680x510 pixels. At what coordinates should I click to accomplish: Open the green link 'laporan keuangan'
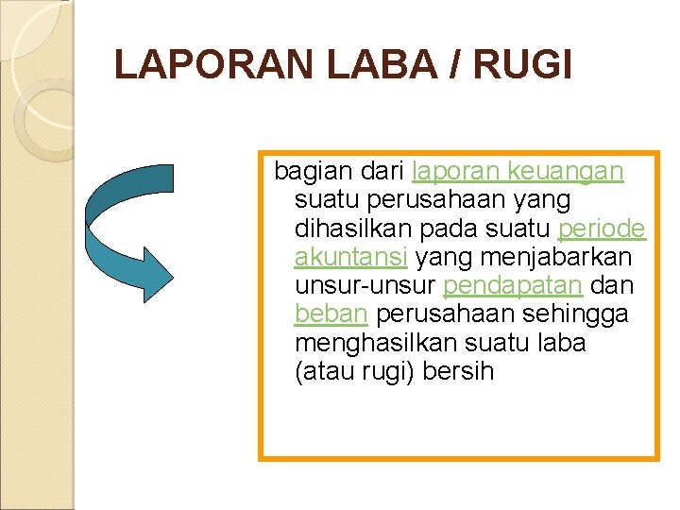pos(518,171)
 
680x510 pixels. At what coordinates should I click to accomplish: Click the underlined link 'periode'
pos(602,228)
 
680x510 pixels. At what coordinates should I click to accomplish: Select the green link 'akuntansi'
pos(350,256)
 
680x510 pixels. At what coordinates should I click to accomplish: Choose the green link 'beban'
pos(330,313)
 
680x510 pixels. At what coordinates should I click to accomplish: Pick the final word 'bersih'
pos(460,369)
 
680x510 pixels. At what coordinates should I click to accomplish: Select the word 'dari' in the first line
pos(384,171)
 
